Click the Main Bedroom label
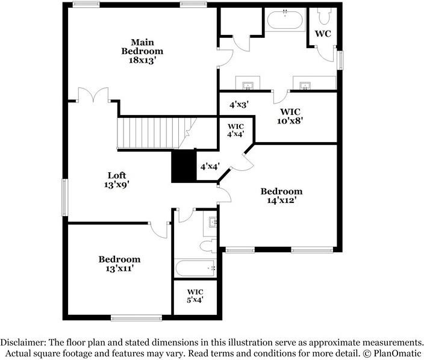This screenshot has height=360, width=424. tap(142, 51)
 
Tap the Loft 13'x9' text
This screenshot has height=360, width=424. tap(117, 181)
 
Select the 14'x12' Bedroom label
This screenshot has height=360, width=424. tap(281, 196)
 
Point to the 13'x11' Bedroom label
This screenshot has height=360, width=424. tap(119, 264)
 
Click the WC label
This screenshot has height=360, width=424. tap(323, 34)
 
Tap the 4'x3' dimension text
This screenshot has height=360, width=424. tap(239, 104)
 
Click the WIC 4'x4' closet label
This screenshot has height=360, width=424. tap(235, 130)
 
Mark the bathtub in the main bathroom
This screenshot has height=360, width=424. tap(285, 22)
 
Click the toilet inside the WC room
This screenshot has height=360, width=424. tap(322, 15)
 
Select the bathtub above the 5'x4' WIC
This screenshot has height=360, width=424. tap(195, 268)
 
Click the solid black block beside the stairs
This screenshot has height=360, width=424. tap(184, 166)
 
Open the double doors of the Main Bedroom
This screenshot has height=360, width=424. tap(93, 96)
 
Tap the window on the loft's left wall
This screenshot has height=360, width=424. tap(64, 197)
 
